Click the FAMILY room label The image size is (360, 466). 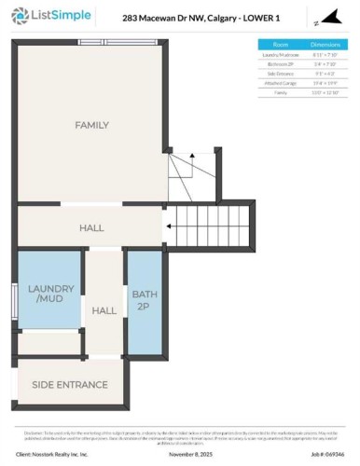tap(91, 125)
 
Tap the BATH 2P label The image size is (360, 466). tap(145, 300)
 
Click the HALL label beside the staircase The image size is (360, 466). tap(91, 227)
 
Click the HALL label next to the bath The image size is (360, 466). tap(102, 310)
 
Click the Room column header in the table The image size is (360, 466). tap(281, 44)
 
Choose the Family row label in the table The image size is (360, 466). tap(281, 92)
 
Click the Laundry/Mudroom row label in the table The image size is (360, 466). tap(281, 55)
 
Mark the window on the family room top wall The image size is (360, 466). tap(104, 42)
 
